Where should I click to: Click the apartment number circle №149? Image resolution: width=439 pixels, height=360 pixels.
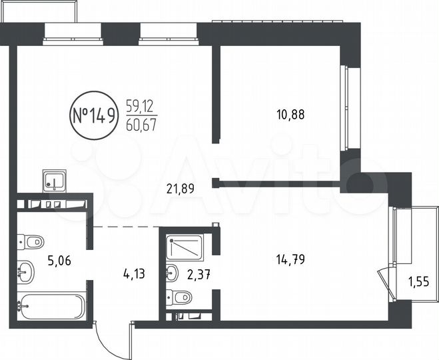click(x=93, y=115)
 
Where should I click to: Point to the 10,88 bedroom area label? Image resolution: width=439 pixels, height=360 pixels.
click(x=290, y=114)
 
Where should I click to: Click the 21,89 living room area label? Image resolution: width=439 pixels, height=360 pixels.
click(x=180, y=189)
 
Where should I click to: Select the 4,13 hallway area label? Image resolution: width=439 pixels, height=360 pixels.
click(x=135, y=273)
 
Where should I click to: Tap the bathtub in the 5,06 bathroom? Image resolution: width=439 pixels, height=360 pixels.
click(x=53, y=307)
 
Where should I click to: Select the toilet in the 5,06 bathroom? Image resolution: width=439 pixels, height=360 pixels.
click(x=30, y=241)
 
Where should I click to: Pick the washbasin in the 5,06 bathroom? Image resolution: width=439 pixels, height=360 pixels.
click(x=27, y=271)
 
